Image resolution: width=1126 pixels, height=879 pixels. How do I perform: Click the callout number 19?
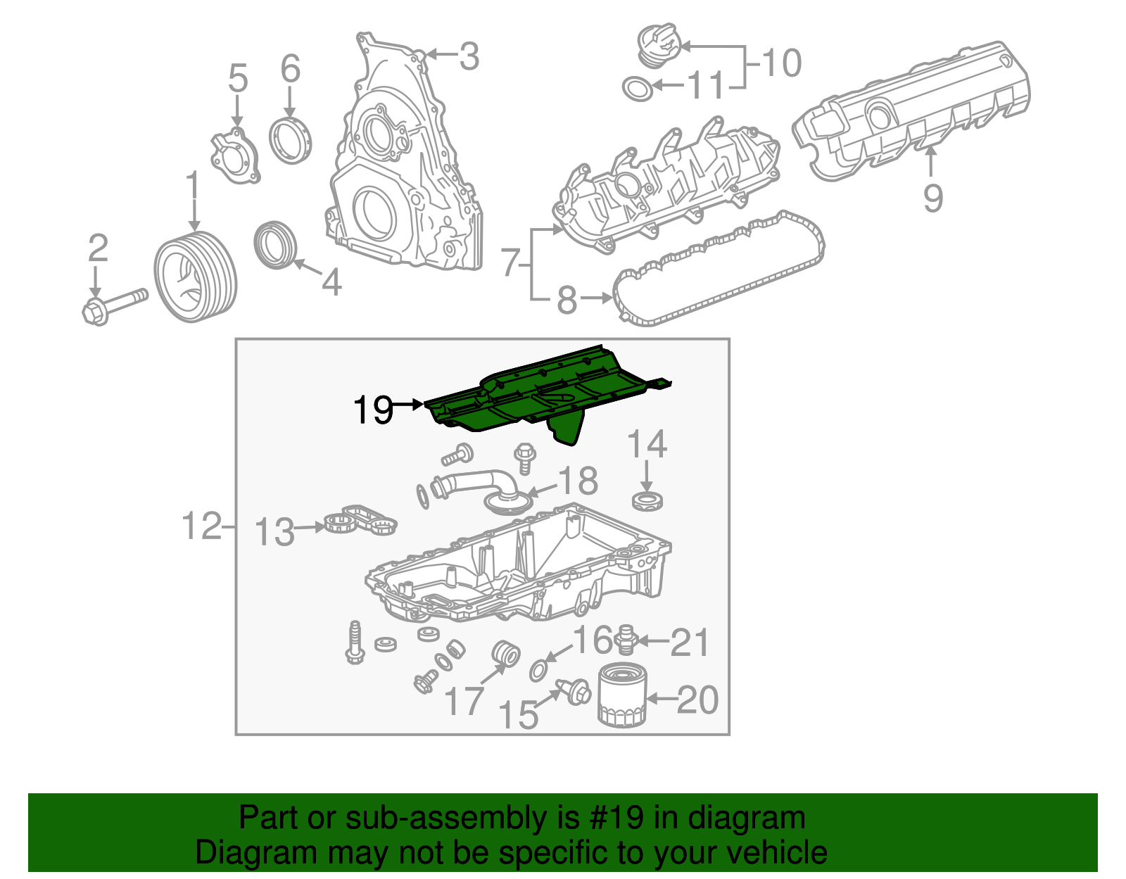(x=373, y=410)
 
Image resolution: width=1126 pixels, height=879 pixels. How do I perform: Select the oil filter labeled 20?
(x=621, y=697)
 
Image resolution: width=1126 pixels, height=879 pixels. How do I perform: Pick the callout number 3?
(x=469, y=56)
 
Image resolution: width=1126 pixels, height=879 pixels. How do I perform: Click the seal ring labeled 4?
(x=274, y=244)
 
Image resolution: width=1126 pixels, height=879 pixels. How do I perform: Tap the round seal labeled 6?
(x=290, y=141)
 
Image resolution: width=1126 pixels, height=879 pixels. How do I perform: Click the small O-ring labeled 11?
(x=637, y=89)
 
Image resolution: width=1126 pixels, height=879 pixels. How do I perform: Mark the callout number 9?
(x=932, y=198)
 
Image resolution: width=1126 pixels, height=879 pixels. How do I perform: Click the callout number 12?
(x=201, y=526)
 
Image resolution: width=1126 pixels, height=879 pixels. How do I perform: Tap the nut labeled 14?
(x=647, y=501)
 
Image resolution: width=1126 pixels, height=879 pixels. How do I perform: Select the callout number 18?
(x=578, y=481)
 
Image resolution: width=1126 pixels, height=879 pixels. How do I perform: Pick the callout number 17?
(x=464, y=701)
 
